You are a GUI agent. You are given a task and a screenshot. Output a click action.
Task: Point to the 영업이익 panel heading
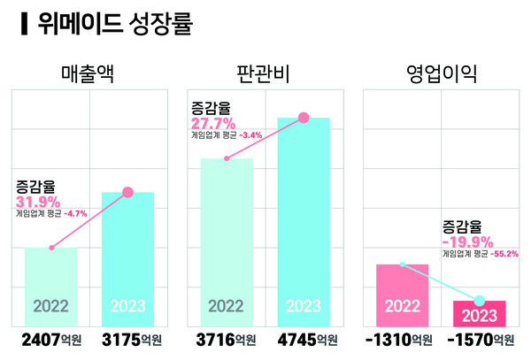pyautogui.click(x=440, y=73)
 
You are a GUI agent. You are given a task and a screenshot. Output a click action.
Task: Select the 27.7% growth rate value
pyautogui.click(x=213, y=123)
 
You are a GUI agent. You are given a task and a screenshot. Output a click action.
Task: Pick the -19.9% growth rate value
pyautogui.click(x=467, y=241)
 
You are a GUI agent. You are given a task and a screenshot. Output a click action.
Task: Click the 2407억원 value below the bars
pyautogui.click(x=51, y=341)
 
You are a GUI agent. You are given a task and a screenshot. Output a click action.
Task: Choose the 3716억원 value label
pyautogui.click(x=226, y=341)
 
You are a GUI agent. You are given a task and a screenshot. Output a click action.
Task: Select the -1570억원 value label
pyautogui.click(x=481, y=341)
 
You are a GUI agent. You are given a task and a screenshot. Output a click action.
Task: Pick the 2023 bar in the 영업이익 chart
pyautogui.click(x=479, y=313)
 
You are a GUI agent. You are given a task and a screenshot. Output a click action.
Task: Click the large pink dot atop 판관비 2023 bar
pyautogui.click(x=304, y=118)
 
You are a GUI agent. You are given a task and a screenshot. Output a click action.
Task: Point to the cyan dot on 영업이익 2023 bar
pyautogui.click(x=480, y=300)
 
